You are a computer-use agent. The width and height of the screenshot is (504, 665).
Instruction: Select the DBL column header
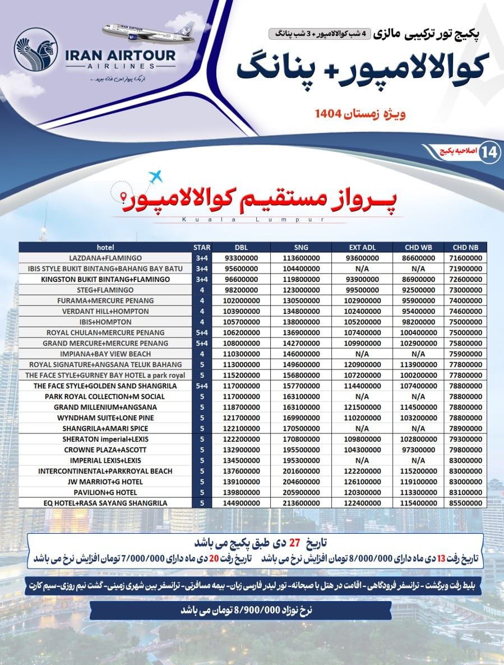pyautogui.click(x=241, y=247)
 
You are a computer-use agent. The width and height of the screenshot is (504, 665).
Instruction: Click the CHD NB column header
pyautogui.click(x=465, y=247)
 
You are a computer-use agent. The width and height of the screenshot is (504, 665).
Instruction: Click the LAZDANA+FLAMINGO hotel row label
pyautogui.click(x=105, y=258)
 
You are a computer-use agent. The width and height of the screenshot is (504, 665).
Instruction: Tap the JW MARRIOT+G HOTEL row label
pyautogui.click(x=105, y=482)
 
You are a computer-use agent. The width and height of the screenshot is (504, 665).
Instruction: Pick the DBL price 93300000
pyautogui.click(x=241, y=258)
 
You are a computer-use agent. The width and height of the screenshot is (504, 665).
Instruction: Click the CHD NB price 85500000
pyautogui.click(x=465, y=503)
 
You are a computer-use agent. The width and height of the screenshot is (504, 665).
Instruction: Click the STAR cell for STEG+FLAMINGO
pyautogui.click(x=201, y=290)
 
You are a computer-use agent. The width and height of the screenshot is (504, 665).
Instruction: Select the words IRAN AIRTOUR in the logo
pyautogui.click(x=121, y=55)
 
